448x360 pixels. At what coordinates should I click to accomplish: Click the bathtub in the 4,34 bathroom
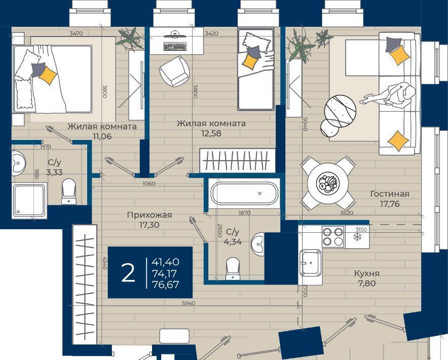pos(244,193)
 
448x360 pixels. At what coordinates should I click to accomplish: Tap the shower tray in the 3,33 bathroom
pos(29,200)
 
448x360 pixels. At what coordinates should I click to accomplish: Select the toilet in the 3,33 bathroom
pos(69,191)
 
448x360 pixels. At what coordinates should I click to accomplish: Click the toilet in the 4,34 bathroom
pos(233,268)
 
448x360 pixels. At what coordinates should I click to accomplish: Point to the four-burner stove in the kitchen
pos(333,236)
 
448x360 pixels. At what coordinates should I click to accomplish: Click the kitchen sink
pos(310,263)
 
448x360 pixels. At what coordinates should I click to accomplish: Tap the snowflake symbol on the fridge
pos(357,237)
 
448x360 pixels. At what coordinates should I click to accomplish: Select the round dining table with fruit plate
pos(328,183)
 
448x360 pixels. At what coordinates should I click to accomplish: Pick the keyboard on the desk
pos(175,46)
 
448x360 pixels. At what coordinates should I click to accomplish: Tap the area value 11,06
pos(102,136)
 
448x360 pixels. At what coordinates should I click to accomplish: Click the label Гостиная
pos(390,194)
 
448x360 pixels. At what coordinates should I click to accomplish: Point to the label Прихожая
pos(150,215)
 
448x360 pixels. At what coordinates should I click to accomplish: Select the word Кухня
pos(367,273)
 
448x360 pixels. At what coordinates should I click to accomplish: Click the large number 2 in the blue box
pos(128,273)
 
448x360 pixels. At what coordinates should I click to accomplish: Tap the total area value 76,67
pos(166,284)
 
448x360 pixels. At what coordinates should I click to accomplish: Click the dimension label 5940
pos(189,303)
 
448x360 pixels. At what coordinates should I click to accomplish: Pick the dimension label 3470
pos(76,33)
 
